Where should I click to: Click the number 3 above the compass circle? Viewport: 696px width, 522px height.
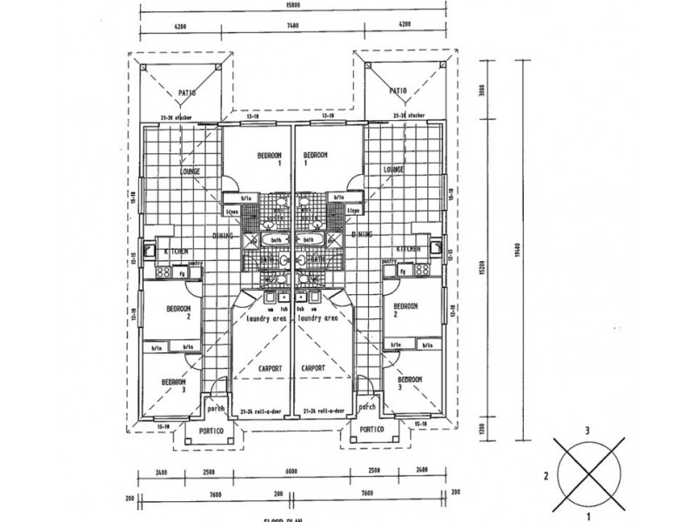click(589, 430)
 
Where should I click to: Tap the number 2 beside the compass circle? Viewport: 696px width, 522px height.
click(545, 476)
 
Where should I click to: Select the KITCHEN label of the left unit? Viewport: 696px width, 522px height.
click(177, 251)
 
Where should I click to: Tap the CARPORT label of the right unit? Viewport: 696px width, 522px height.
click(312, 369)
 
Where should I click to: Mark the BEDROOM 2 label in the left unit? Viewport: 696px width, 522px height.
click(177, 311)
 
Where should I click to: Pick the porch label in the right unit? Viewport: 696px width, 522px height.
click(366, 405)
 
